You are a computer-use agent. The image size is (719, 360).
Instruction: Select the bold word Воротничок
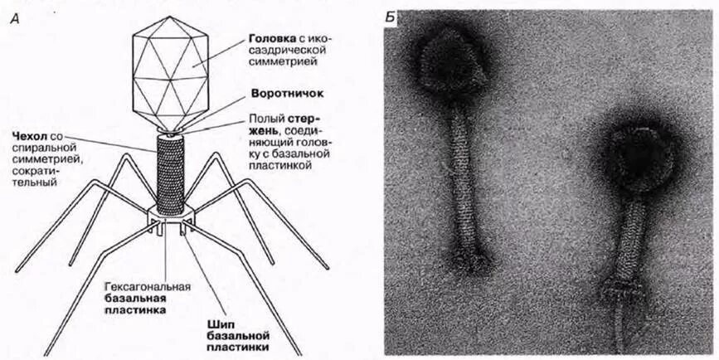tap(282, 95)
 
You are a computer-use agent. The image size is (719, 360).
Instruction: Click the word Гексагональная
tap(148, 287)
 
